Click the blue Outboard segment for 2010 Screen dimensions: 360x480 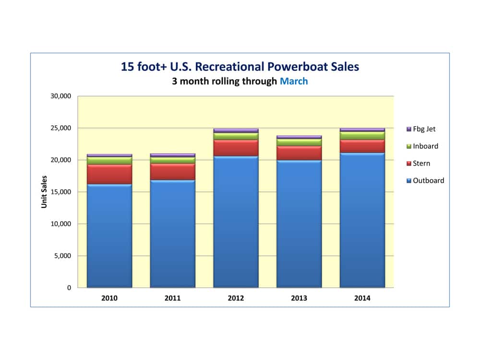tap(109, 235)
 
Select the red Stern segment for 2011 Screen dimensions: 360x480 tap(172, 171)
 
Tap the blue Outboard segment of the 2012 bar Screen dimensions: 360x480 tap(236, 221)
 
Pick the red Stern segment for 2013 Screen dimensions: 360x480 tap(299, 153)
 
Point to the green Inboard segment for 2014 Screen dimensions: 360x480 tap(362, 135)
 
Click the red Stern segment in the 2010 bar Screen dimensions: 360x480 tap(109, 174)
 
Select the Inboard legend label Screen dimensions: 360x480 tap(425, 146)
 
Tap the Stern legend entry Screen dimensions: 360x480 tap(421, 164)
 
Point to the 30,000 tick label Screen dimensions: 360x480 tap(60, 96)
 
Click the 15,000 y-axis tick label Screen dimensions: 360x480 tap(60, 192)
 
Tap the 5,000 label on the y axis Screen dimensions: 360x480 tap(62, 256)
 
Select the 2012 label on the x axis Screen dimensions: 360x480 tap(236, 298)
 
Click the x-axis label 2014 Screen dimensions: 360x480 tap(362, 298)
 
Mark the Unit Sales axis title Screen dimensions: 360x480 tap(44, 192)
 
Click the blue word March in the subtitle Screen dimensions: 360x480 tap(294, 81)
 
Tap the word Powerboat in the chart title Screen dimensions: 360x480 tap(295, 67)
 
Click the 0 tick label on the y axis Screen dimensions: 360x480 tap(69, 288)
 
